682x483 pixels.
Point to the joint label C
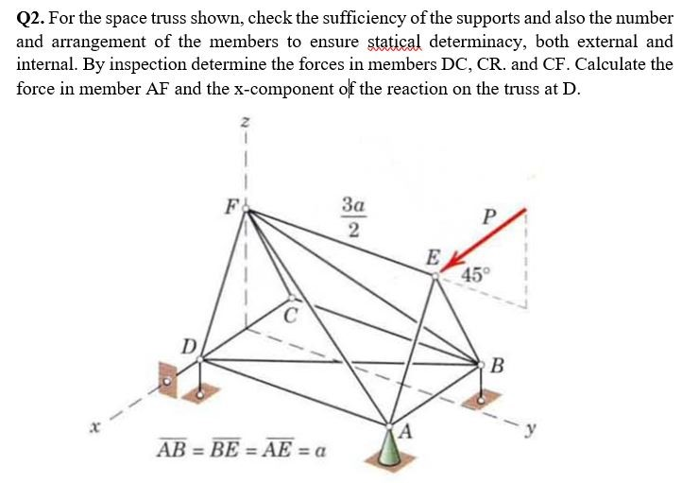(292, 314)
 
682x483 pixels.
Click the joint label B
(498, 366)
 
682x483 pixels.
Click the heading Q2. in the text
(33, 17)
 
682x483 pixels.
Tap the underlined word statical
(392, 42)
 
